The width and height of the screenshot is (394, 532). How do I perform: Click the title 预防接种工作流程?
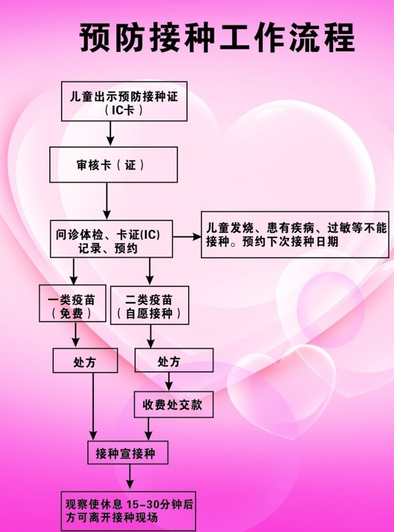pos(217,38)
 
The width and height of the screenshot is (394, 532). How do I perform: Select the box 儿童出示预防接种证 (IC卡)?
pos(124,101)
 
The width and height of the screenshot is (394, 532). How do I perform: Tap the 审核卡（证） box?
pos(114,164)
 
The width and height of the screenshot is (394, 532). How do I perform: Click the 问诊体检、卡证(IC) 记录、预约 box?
pos(112,238)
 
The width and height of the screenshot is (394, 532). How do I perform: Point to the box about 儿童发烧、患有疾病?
pos(295,234)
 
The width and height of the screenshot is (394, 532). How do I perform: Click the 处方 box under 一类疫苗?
pos(85,361)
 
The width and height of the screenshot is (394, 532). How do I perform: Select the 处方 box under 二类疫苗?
pos(168,361)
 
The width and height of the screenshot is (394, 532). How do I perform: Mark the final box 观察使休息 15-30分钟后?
pos(129,511)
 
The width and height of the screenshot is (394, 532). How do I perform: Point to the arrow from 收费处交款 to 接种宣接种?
pos(149,428)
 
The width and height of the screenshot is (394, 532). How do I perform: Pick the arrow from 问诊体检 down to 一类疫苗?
pos(74,271)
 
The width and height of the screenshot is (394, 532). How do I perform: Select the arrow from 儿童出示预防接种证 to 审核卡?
pos(110,133)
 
